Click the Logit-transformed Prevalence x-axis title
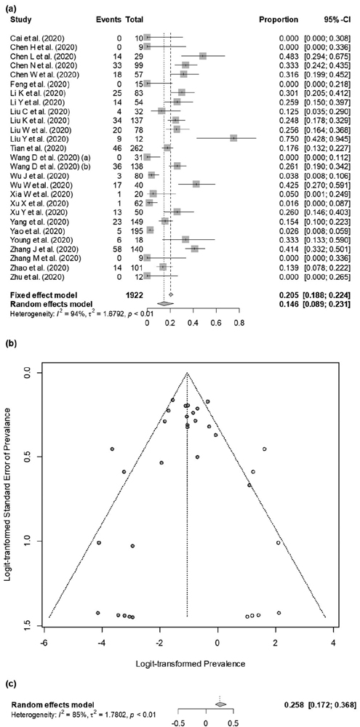187,664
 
